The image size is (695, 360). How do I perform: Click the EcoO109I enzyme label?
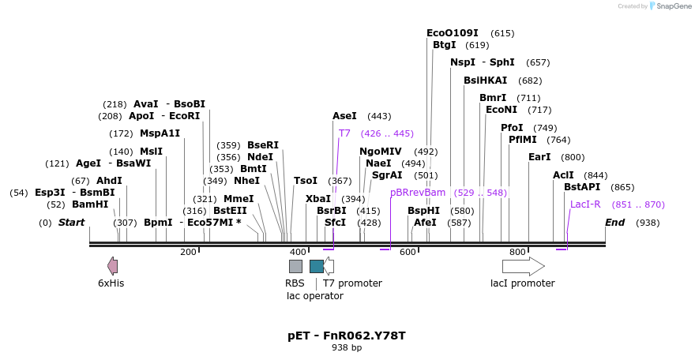point(453,33)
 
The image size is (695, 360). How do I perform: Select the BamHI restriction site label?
point(90,204)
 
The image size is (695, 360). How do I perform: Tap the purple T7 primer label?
point(344,133)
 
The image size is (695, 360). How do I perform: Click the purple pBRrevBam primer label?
point(418,193)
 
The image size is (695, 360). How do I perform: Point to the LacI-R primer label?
point(585,204)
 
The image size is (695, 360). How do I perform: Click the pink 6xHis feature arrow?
point(113,266)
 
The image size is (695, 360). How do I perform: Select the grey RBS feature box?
point(295,266)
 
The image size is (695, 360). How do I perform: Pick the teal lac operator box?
point(316,266)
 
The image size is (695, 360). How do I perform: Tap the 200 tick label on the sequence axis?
point(188,252)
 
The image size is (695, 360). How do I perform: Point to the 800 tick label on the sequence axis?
point(517,252)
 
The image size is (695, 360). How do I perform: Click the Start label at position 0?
point(71,223)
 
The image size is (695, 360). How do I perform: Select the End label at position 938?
point(615,223)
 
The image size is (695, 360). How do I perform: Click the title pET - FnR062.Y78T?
point(347,336)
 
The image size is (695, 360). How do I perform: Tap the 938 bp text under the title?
point(347,347)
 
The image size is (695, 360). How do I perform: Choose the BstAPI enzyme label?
point(582,187)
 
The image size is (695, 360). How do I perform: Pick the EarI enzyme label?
point(539,157)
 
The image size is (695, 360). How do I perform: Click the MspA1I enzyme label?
point(160,133)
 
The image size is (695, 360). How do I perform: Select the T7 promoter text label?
point(352,283)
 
